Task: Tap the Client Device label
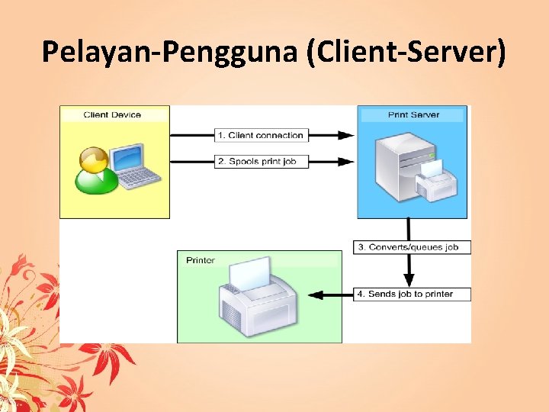[x=112, y=114]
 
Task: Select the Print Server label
[x=413, y=114]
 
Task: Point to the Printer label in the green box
[x=201, y=260]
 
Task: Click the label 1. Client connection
[x=261, y=135]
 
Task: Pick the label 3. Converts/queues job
[x=412, y=247]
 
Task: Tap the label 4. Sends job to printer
[x=411, y=294]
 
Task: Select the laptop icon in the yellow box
[x=134, y=166]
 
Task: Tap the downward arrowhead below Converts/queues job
[x=409, y=280]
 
